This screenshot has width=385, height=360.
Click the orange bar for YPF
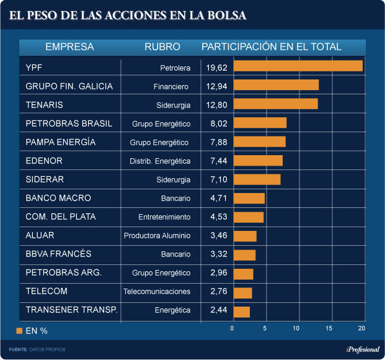pyautogui.click(x=298, y=66)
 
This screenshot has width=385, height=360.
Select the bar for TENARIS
pyautogui.click(x=276, y=104)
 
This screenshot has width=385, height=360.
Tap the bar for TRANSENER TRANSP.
pyautogui.click(x=242, y=312)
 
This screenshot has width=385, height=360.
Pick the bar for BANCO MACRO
pyautogui.click(x=249, y=199)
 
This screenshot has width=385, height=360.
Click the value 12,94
pyautogui.click(x=219, y=86)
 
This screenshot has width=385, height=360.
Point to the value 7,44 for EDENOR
pyautogui.click(x=219, y=161)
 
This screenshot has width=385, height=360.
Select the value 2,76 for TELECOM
pyautogui.click(x=219, y=291)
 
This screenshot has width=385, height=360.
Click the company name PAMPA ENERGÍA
pyautogui.click(x=61, y=142)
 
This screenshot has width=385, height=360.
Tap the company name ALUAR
pyautogui.click(x=40, y=235)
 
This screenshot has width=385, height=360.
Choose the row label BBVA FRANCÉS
pyautogui.click(x=58, y=254)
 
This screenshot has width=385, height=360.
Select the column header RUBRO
pyautogui.click(x=162, y=47)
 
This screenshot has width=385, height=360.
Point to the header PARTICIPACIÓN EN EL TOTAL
pyautogui.click(x=272, y=47)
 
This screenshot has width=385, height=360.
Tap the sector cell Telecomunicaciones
pyautogui.click(x=157, y=292)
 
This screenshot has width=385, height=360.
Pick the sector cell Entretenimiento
pyautogui.click(x=164, y=217)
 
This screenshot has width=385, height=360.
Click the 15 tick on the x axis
pyautogui.click(x=329, y=328)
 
